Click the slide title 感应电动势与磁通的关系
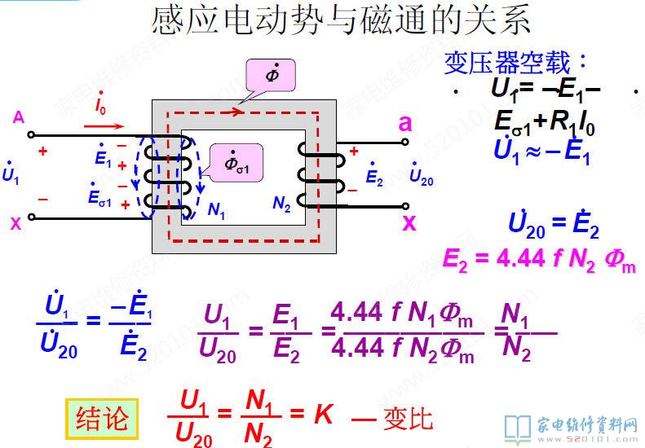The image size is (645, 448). click(342, 21)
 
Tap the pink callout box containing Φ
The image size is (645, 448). click(269, 76)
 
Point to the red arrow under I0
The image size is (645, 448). click(104, 126)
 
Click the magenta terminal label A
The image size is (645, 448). click(18, 118)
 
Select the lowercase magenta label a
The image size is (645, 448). click(405, 123)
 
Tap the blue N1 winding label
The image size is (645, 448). click(216, 209)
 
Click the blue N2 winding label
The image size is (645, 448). click(281, 205)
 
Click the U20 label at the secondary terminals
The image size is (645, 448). click(421, 176)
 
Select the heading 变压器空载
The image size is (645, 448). click(515, 62)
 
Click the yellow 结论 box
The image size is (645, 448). click(102, 419)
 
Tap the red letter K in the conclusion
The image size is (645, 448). click(324, 415)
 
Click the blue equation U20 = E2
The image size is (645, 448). click(553, 226)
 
